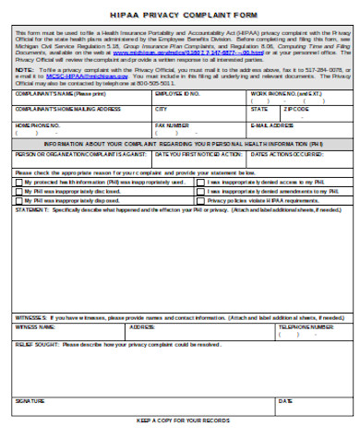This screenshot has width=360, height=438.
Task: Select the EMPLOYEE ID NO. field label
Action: click(x=176, y=94)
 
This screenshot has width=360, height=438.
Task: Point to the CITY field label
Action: click(x=162, y=109)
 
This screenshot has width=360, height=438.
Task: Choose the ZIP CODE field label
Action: click(x=296, y=109)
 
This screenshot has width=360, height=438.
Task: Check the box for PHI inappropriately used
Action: click(x=19, y=182)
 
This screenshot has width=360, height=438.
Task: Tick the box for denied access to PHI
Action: click(x=200, y=182)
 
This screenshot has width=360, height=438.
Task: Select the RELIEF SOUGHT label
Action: click(x=35, y=343)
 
